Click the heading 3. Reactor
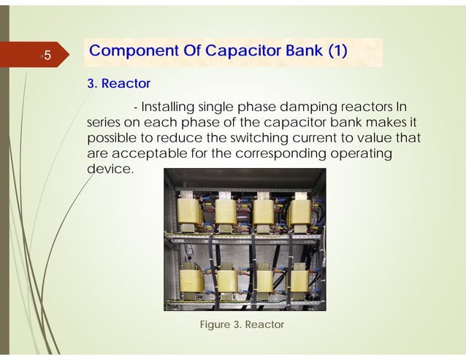(x=118, y=84)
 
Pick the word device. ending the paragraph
(x=110, y=169)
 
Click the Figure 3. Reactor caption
(x=241, y=324)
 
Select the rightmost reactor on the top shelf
(x=299, y=212)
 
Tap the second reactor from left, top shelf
(x=226, y=212)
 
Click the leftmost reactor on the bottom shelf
(x=192, y=280)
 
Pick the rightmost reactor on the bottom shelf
(x=299, y=280)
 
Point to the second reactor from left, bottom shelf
(x=228, y=279)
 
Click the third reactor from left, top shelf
(x=263, y=212)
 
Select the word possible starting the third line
(x=110, y=138)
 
